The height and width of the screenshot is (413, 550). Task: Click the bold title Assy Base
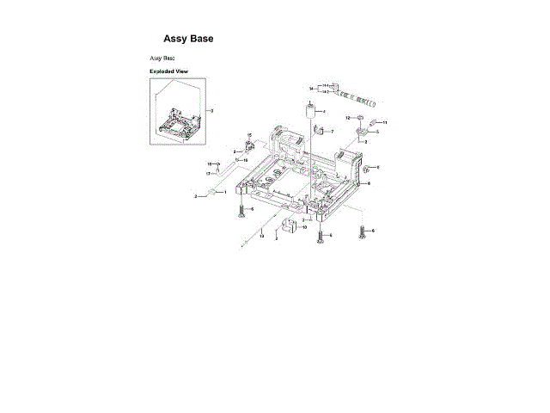click(188, 39)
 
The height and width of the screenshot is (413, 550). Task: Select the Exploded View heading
click(168, 71)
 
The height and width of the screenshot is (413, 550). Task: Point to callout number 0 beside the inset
click(211, 110)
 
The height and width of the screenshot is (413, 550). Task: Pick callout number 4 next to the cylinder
click(324, 112)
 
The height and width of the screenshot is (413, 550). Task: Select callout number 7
click(332, 131)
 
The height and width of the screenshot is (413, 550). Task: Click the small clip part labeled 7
click(319, 131)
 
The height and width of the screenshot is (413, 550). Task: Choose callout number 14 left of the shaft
click(312, 88)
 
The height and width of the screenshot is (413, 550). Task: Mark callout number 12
click(348, 117)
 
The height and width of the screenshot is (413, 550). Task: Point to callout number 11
click(384, 123)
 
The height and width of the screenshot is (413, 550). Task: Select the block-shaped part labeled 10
click(290, 225)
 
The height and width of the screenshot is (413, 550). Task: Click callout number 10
click(304, 227)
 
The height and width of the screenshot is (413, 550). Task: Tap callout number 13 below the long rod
click(261, 235)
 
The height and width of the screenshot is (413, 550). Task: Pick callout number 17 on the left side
click(208, 173)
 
